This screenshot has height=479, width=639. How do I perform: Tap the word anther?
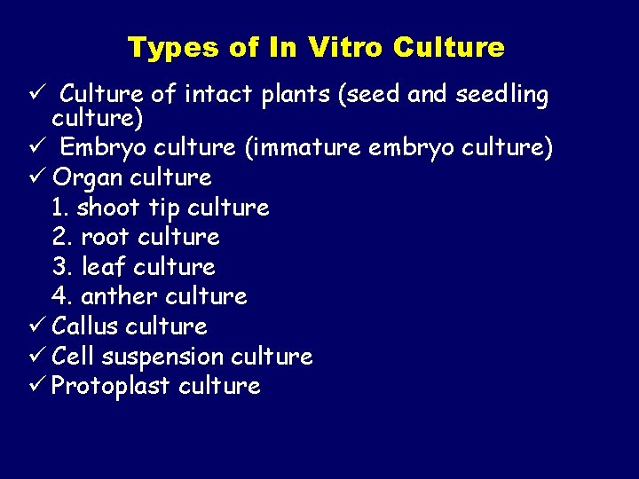click(119, 296)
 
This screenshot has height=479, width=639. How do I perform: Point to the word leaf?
click(104, 267)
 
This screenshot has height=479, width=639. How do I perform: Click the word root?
click(103, 238)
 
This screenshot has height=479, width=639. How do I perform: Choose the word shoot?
click(107, 208)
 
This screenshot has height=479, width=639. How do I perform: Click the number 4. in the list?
click(61, 296)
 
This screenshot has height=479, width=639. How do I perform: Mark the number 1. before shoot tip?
click(60, 208)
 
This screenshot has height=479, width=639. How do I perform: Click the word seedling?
click(501, 95)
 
